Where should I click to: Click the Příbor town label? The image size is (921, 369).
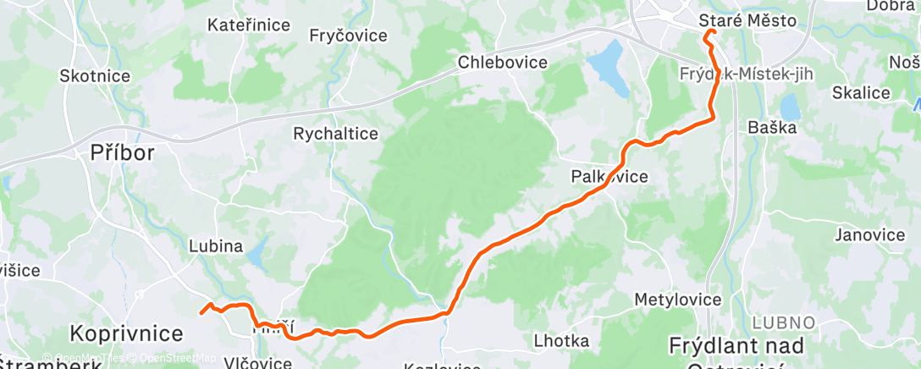tap(123, 153)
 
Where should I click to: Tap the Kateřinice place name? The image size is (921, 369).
tap(249, 25)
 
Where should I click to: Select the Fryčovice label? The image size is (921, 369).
tap(348, 36)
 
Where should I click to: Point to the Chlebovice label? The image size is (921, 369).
tap(503, 62)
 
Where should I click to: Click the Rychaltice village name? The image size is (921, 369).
tap(335, 134)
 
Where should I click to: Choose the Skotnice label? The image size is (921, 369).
tap(95, 76)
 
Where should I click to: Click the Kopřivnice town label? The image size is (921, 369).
tap(127, 333)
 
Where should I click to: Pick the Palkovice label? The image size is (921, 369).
tap(609, 177)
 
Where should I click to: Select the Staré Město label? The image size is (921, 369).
tap(748, 19)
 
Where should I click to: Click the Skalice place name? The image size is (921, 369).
tap(862, 93)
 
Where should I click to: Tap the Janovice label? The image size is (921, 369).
tap(869, 234)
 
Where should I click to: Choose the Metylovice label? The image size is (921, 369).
tap(678, 300)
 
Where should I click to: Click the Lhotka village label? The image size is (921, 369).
tap(562, 341)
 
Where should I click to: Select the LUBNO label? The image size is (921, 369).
tap(782, 322)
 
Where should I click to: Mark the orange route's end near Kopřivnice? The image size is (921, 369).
tap(201, 313)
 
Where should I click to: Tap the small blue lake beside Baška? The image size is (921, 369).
tap(790, 107)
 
